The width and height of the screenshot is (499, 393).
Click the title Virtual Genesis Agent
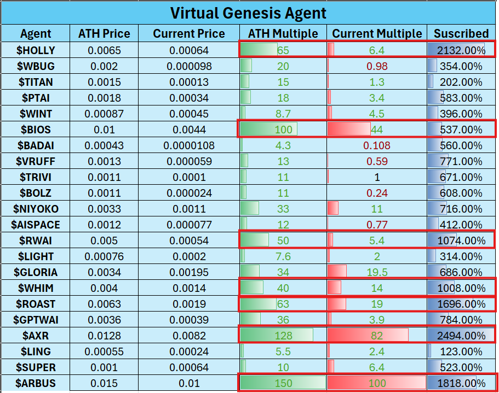click(248, 13)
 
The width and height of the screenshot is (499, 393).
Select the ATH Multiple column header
click(283, 34)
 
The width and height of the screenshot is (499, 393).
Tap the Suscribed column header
click(461, 34)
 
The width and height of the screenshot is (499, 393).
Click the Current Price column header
click(188, 34)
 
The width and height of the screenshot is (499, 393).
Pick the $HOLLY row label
click(36, 50)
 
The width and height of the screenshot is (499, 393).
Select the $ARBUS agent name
click(36, 383)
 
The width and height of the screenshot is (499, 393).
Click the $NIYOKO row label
click(36, 209)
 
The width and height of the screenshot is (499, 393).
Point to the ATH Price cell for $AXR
click(104, 336)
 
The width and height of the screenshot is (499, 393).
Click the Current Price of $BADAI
click(188, 145)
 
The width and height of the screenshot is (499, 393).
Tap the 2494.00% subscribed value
click(461, 336)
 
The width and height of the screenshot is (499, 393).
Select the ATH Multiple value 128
click(283, 336)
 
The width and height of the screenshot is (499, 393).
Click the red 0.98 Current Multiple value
click(377, 66)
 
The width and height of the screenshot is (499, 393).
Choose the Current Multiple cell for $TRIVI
click(377, 177)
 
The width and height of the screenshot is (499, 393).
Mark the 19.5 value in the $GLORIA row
click(377, 272)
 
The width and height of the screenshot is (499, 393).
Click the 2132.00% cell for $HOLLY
click(461, 50)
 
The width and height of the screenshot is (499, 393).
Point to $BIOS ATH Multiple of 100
click(283, 130)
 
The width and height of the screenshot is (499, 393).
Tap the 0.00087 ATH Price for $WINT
click(104, 114)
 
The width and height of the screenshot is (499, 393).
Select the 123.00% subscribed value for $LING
click(461, 351)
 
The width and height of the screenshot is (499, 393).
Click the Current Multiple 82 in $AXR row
click(377, 336)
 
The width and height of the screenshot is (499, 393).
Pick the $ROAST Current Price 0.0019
click(188, 304)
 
